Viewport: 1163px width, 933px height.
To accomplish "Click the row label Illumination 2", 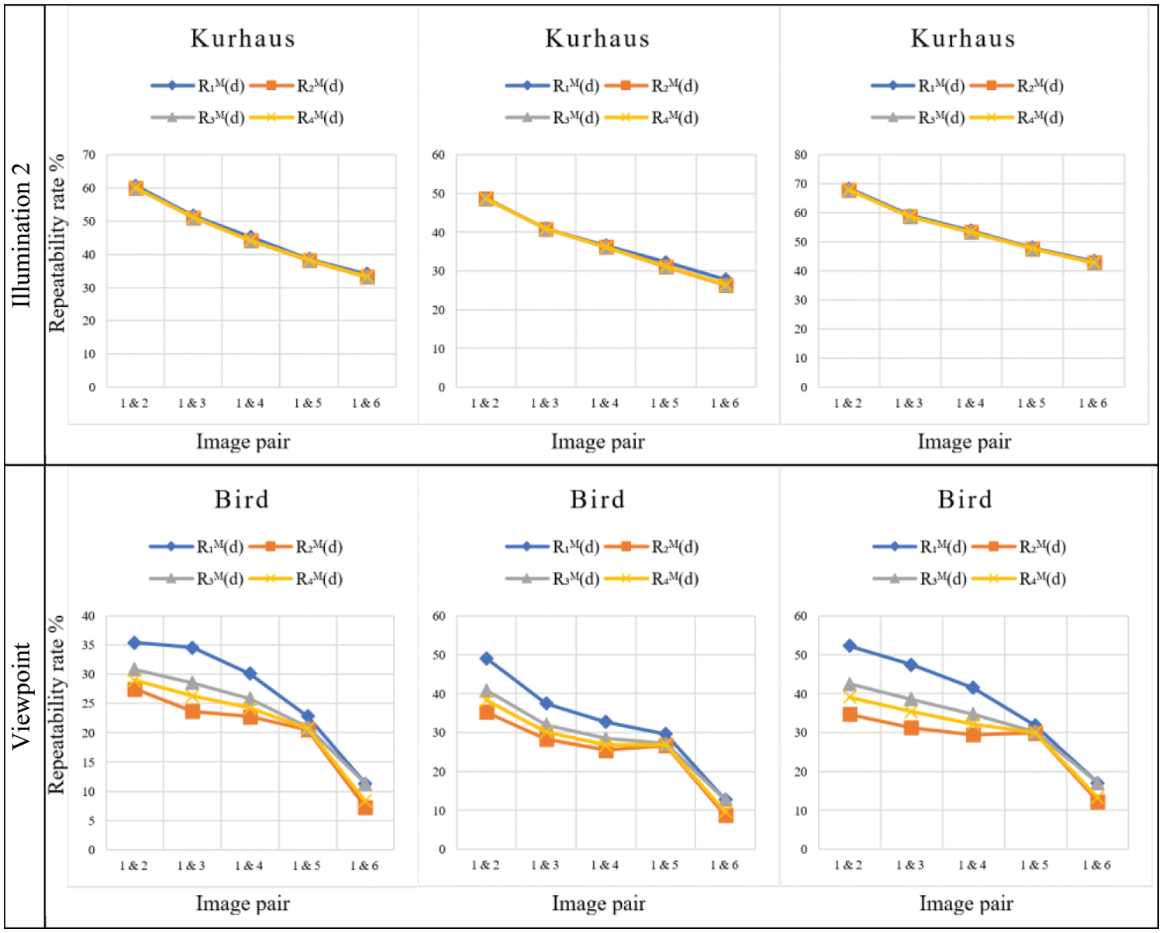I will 22,234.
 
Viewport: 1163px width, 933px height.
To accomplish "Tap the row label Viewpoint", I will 22,695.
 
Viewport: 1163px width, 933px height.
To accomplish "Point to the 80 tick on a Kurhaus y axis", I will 801,155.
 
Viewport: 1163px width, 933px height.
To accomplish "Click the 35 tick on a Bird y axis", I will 88,645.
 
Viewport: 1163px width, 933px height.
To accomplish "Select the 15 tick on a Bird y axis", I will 88,763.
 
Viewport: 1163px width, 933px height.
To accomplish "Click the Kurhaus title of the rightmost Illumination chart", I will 963,39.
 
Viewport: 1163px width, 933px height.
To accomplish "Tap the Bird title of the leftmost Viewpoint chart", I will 242,500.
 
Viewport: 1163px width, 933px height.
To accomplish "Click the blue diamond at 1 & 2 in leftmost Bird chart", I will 134,642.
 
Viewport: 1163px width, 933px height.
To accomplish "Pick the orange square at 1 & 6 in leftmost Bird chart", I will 365,807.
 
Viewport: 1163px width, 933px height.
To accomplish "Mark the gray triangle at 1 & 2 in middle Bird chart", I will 487,690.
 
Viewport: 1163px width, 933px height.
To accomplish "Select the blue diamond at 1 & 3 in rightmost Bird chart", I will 911,665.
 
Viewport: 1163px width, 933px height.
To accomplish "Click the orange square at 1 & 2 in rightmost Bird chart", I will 850,714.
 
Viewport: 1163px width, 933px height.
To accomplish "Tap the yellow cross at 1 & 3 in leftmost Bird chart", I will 192,697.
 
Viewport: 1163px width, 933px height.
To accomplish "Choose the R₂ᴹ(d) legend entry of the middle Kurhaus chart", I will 674,86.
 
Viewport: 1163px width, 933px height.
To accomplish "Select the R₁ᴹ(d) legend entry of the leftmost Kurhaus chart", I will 220,86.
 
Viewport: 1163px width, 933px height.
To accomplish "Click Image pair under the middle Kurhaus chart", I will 598,442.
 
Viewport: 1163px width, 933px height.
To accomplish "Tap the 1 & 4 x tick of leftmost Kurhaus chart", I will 250,403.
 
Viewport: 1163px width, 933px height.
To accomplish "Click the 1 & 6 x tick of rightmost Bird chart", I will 1096,865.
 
